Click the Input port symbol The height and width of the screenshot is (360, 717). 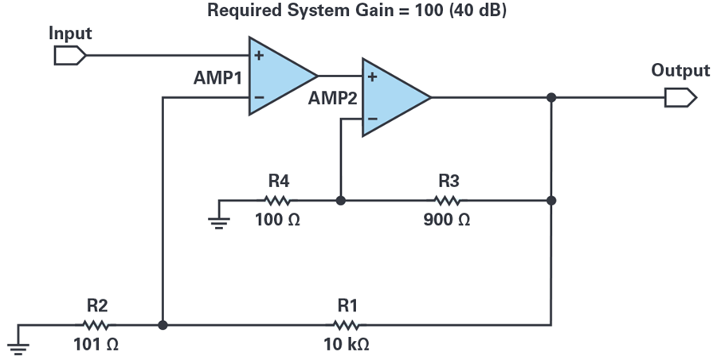click(x=69, y=55)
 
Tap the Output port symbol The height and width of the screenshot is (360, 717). click(x=680, y=97)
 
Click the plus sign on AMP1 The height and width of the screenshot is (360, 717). click(x=259, y=55)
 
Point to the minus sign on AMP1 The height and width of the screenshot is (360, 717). click(x=259, y=97)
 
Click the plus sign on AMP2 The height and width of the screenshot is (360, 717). click(x=372, y=76)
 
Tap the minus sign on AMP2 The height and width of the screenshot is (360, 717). click(x=372, y=119)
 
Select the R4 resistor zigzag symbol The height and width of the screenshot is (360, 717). click(x=277, y=201)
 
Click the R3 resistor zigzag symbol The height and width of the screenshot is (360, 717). click(x=447, y=201)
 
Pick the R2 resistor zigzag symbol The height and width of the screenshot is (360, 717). click(x=96, y=325)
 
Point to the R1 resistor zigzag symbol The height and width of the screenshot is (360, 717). click(x=347, y=325)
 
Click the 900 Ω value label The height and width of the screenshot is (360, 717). click(x=447, y=220)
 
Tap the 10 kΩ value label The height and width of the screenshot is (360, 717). click(x=347, y=344)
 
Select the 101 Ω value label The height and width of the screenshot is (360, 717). click(x=96, y=344)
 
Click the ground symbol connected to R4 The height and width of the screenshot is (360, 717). click(x=218, y=222)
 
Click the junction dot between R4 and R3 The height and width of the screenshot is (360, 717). click(x=341, y=201)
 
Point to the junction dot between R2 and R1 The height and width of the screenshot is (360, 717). click(x=163, y=325)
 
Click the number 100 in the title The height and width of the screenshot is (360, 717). click(x=429, y=10)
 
